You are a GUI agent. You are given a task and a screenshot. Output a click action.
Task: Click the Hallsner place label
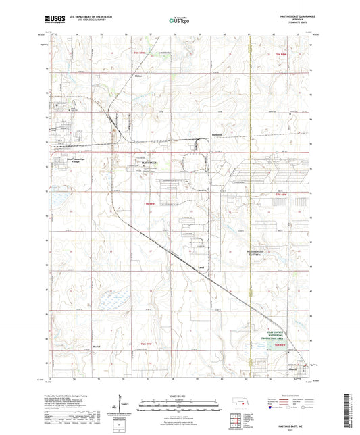(x=217, y=134)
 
